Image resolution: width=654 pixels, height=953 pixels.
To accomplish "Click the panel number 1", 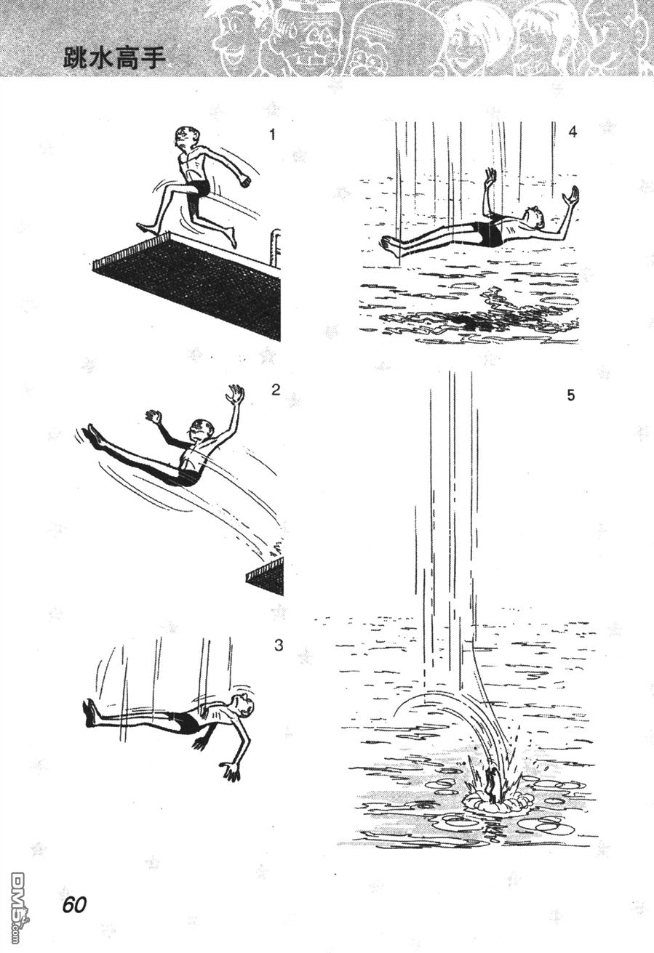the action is [x=273, y=135].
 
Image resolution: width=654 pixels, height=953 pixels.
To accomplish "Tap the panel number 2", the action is [x=276, y=390].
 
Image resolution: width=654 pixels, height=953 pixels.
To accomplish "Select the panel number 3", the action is [x=278, y=646].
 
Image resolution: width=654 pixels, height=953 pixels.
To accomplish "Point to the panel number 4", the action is [x=573, y=132].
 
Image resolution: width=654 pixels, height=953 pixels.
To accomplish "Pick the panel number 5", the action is [x=571, y=395].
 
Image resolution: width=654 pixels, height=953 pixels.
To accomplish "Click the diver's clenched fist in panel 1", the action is [x=245, y=180].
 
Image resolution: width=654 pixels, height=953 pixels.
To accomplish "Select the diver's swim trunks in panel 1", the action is [x=199, y=188].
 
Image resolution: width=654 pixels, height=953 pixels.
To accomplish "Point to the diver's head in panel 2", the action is [x=200, y=430].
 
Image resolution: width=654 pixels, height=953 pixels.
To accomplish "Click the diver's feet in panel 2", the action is [x=95, y=436].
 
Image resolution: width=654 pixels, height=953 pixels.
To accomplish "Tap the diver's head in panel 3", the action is [x=245, y=707].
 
